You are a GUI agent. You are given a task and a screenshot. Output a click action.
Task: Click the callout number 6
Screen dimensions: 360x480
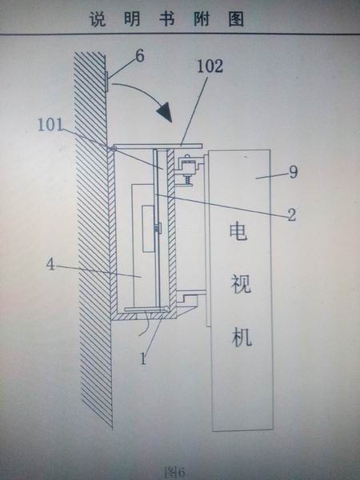139,56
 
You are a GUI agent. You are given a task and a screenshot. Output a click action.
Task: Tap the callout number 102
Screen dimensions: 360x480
210,66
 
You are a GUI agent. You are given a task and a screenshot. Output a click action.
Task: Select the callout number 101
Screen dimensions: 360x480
50,125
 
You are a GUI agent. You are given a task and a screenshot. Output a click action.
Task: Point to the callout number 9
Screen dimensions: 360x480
293,172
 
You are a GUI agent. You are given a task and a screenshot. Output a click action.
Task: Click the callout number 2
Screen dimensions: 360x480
291,214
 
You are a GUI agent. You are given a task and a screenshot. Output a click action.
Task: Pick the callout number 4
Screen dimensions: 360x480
50,264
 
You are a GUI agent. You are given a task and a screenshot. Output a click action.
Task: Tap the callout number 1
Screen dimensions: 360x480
143,358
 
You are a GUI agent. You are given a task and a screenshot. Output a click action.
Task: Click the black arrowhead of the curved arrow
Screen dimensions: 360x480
164,112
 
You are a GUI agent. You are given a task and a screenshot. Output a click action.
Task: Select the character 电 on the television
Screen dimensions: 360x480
238,231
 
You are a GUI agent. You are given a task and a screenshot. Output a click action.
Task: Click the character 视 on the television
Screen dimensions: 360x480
241,284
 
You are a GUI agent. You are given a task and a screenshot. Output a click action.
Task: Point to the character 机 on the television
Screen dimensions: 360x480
242,337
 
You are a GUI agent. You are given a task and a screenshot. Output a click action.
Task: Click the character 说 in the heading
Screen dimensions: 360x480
98,19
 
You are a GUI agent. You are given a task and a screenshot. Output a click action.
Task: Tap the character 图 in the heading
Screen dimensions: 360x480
236,19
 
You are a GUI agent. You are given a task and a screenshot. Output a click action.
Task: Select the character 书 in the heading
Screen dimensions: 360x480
167,19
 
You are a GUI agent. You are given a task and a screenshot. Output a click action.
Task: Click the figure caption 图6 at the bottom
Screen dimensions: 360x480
174,472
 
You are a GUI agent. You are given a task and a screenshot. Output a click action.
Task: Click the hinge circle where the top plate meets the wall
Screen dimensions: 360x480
114,149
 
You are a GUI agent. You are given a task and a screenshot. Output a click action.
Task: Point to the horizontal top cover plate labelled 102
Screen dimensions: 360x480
158,146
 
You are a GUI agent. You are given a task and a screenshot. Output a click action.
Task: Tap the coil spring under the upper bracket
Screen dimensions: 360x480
187,179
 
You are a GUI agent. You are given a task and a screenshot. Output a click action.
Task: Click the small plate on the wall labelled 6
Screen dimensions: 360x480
106,81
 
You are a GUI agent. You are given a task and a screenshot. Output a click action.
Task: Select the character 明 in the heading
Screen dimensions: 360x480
132,19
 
